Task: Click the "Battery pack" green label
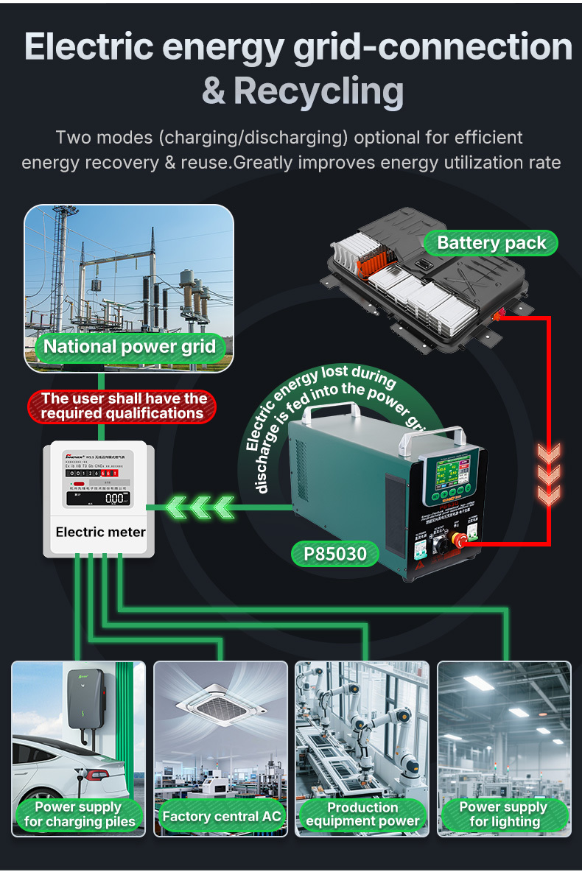491,243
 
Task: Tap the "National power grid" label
130,347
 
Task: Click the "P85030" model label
335,553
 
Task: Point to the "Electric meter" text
100,532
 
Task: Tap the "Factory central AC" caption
222,816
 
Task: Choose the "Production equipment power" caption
362,815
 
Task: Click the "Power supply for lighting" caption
505,815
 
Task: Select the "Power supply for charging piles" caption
80,815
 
